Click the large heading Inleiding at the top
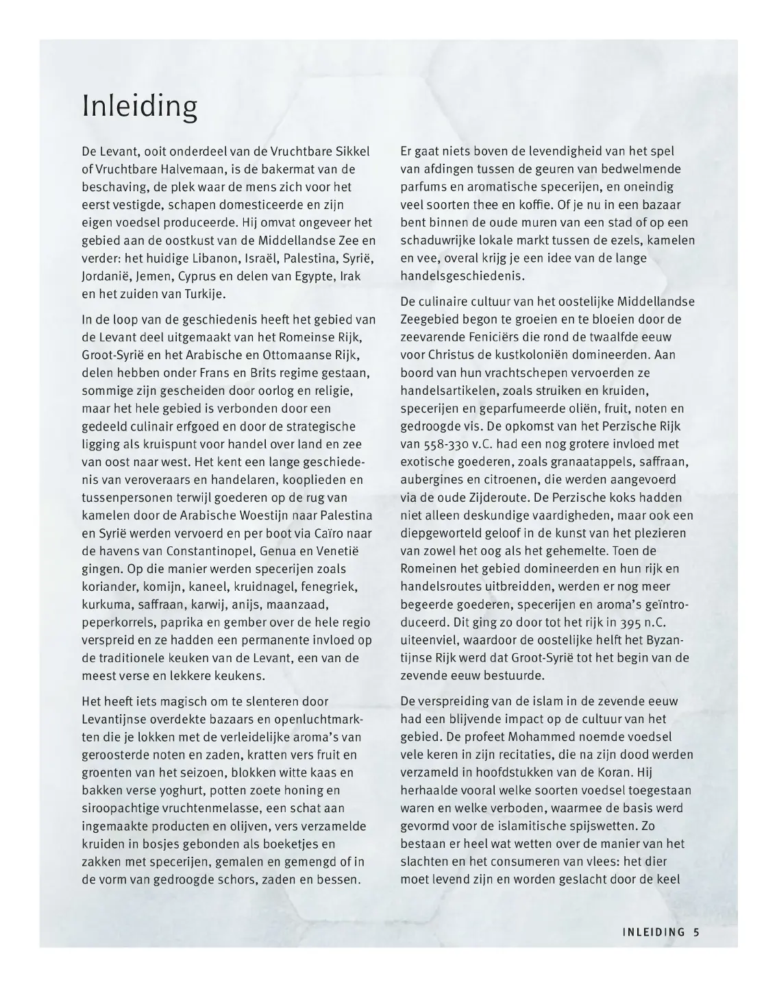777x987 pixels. (x=140, y=106)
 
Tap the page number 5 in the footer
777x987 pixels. (x=696, y=931)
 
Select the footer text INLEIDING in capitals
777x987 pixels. (x=654, y=931)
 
